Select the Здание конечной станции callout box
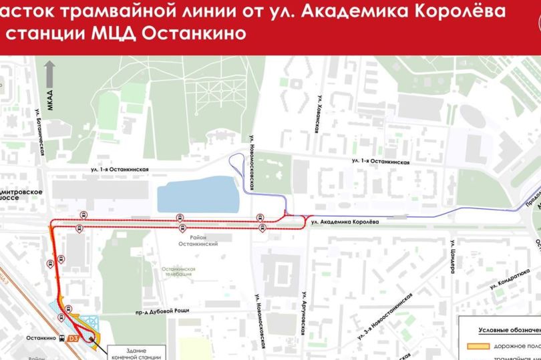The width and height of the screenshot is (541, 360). click(x=136, y=353)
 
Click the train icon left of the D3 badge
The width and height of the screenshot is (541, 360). click(x=61, y=339)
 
